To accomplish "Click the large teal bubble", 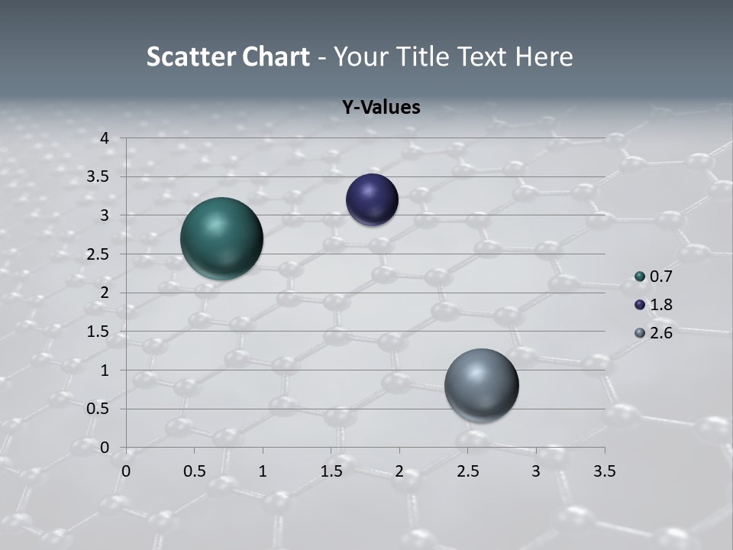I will click(222, 238).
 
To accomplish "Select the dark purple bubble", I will click(372, 200).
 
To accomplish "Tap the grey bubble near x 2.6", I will click(481, 385).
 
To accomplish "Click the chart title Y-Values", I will click(380, 108).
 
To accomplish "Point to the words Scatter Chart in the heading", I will click(228, 57).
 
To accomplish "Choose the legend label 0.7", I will click(660, 277).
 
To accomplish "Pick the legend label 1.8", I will click(660, 305).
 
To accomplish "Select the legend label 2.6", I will click(660, 333).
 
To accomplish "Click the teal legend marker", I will click(640, 277).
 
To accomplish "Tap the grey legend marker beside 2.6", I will click(640, 333).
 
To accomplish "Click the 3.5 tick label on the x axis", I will click(604, 471).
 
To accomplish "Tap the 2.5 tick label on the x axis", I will click(467, 471).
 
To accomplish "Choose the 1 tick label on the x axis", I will click(263, 471).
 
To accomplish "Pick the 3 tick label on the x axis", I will click(536, 471).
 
